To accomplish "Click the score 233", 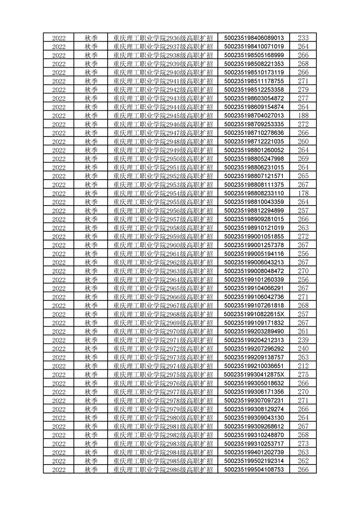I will point(303,38).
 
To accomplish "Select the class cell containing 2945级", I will point(163,115).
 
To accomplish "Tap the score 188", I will point(303,115).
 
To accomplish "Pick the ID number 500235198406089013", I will point(254,38).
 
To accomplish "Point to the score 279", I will point(303,89).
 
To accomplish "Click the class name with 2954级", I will point(163,193).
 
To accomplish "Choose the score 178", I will point(303,193).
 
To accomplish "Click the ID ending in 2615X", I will point(254,314).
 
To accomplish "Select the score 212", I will point(303,366).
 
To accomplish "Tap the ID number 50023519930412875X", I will point(254,374).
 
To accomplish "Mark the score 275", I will point(303,374).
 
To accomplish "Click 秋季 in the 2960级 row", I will point(91,245).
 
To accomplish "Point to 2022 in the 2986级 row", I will point(59,469).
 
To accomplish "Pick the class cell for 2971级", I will point(163,340).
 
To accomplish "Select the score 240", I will point(303,348).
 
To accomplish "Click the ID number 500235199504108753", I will point(254,469).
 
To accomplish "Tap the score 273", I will point(303,443).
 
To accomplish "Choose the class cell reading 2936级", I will point(163,38).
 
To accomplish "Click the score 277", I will point(303,98).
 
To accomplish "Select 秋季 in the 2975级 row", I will point(91,374).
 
